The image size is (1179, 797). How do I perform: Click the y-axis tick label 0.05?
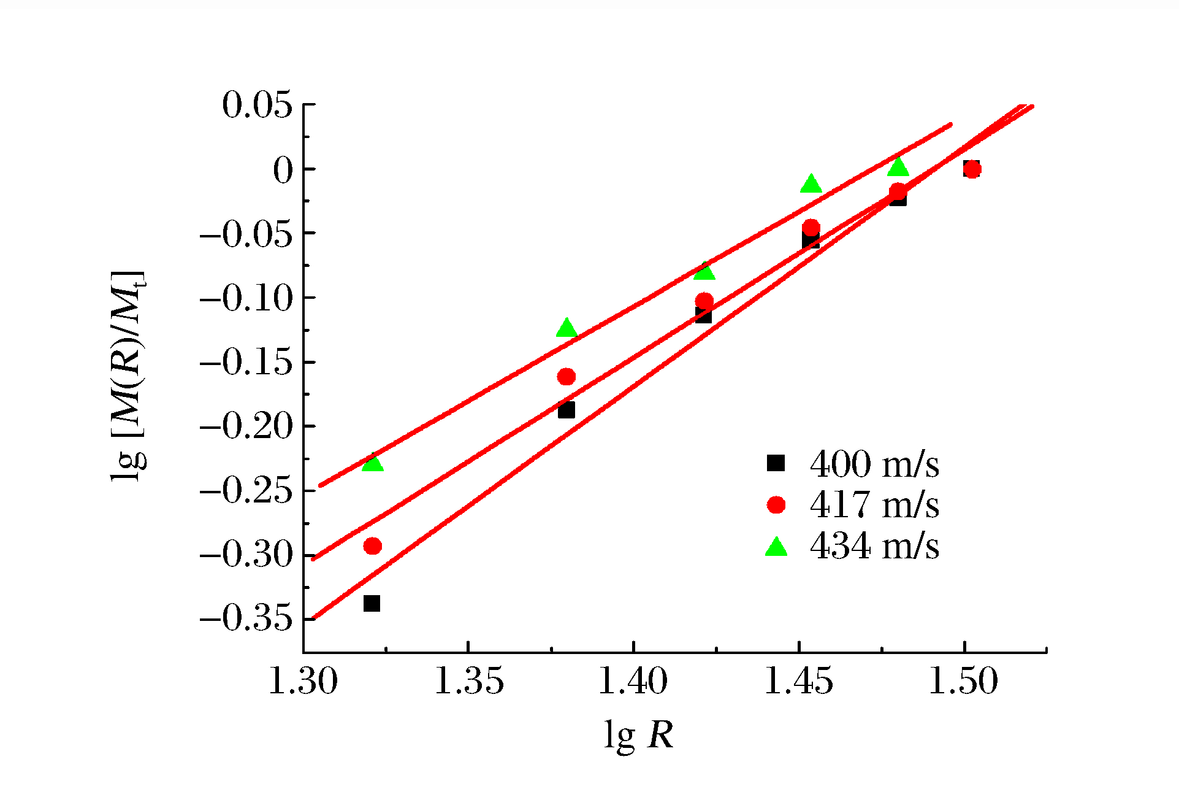point(257,105)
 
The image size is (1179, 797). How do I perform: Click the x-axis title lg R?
point(638,734)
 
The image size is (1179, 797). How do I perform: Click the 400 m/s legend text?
point(874,464)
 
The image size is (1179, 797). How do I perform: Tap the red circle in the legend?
point(776,504)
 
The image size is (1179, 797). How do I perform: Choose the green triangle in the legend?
point(776,546)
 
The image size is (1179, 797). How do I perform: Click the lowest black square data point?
point(372,603)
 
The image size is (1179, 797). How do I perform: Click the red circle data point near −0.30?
point(372,545)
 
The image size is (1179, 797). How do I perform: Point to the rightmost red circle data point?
point(972,169)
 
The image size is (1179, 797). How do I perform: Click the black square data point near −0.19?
point(567,409)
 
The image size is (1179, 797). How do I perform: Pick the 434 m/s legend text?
point(874,546)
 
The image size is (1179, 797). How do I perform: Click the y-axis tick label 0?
point(284,170)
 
